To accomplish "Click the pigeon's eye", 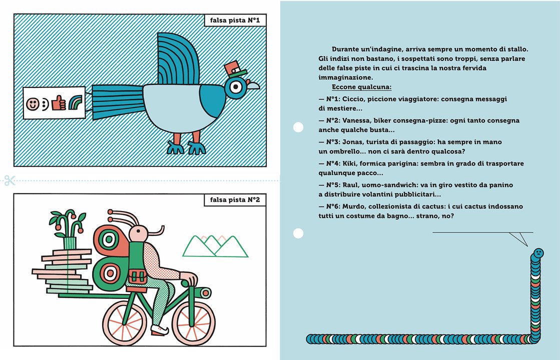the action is point(236,86).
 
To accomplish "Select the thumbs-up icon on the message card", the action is point(59,103).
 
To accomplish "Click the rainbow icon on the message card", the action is point(76,103).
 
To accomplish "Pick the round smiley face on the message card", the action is point(33,104).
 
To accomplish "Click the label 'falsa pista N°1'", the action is point(235,20).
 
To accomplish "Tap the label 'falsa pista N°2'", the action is point(235,200).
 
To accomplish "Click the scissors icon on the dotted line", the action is point(10,180).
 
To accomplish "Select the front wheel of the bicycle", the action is point(194,323).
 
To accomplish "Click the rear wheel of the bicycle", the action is point(125,323).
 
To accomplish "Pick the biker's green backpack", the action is point(137,264).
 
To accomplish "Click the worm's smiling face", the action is point(537,253).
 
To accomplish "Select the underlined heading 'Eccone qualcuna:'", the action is point(361,87).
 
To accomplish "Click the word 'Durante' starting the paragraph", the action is point(346,49).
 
